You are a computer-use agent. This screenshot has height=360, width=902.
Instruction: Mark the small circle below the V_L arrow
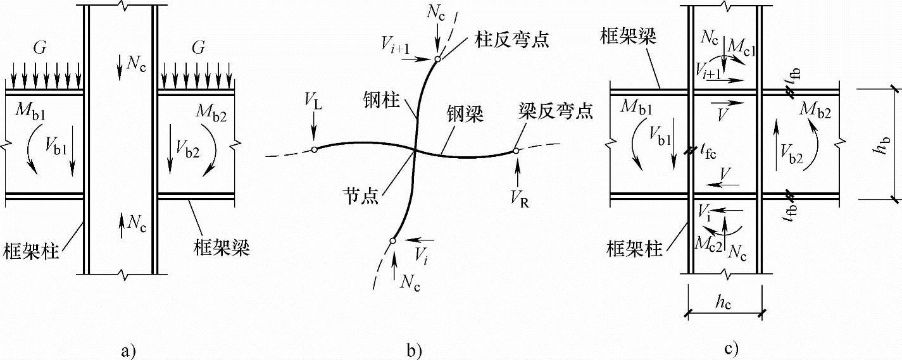313,150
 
